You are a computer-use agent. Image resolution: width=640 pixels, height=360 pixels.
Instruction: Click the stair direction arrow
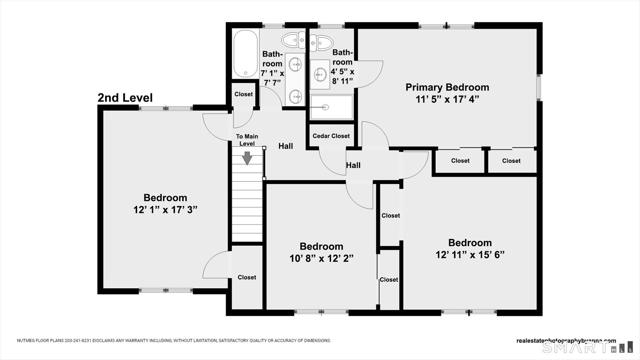pyautogui.click(x=247, y=158)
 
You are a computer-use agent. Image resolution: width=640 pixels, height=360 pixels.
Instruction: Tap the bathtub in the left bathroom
pyautogui.click(x=245, y=54)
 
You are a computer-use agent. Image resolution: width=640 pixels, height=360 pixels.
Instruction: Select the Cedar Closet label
pyautogui.click(x=331, y=136)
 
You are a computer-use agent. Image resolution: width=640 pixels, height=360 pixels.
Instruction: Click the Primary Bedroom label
pyautogui.click(x=447, y=87)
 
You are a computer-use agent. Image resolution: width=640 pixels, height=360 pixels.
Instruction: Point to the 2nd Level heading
pyautogui.click(x=125, y=98)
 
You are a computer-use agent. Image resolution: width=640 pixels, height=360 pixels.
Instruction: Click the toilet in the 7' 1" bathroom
pyautogui.click(x=293, y=40)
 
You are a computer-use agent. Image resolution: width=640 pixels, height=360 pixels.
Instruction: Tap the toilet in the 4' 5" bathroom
pyautogui.click(x=322, y=43)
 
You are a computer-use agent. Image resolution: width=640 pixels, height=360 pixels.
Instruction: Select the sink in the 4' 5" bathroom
pyautogui.click(x=320, y=75)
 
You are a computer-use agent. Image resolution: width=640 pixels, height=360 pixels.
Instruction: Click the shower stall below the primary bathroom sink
pyautogui.click(x=332, y=107)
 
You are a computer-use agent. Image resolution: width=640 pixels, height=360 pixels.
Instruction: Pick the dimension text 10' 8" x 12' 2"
pyautogui.click(x=322, y=258)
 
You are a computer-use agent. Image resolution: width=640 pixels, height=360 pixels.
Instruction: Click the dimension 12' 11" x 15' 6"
pyautogui.click(x=470, y=255)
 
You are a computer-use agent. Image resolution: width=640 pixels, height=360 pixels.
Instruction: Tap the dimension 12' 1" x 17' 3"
pyautogui.click(x=165, y=210)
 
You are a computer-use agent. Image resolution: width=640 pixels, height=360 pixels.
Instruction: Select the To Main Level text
pyautogui.click(x=247, y=140)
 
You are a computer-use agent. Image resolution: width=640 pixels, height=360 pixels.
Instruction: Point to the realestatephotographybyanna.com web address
pyautogui.click(x=566, y=341)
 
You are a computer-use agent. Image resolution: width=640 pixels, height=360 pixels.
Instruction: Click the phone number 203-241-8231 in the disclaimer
pyautogui.click(x=78, y=340)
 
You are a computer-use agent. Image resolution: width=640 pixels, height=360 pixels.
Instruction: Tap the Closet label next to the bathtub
pyautogui.click(x=244, y=94)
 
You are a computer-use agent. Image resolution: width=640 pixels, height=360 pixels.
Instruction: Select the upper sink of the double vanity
pyautogui.click(x=295, y=65)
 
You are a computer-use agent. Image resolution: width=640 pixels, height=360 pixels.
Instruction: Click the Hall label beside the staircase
pyautogui.click(x=286, y=146)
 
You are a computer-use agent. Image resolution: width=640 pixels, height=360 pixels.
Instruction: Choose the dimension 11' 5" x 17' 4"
pyautogui.click(x=447, y=99)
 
